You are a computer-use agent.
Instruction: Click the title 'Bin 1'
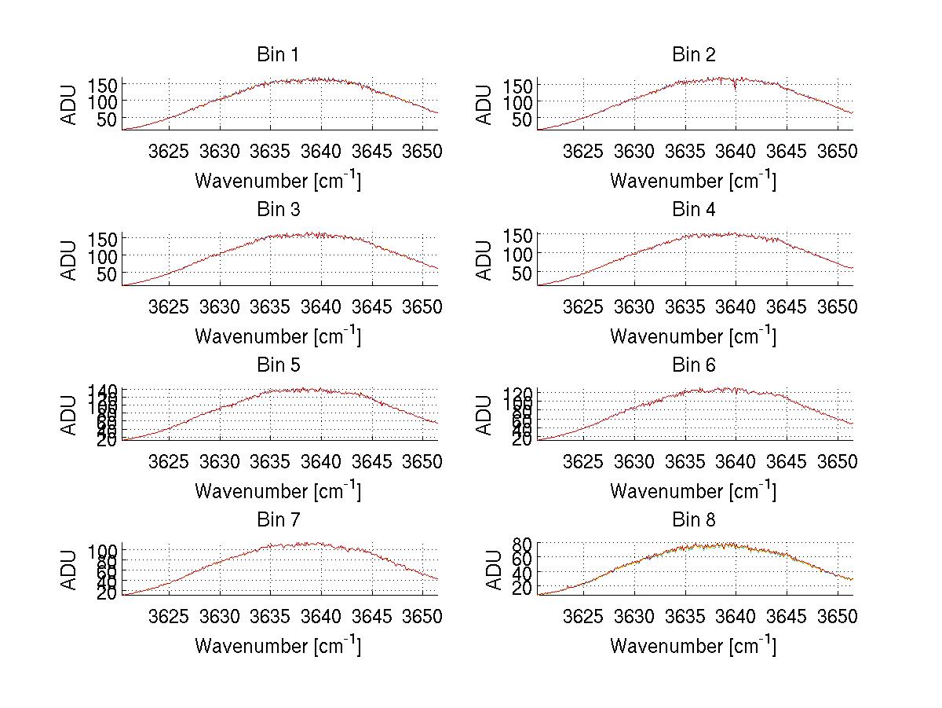[277, 55]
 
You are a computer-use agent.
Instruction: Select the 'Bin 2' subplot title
[693, 55]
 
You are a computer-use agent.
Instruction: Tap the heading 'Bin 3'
[277, 210]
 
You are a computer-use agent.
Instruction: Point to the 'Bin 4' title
[693, 210]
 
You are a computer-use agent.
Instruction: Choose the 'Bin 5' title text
[277, 365]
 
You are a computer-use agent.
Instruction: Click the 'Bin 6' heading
[693, 365]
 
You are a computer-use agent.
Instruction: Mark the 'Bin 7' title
[277, 520]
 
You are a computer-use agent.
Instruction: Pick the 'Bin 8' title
[693, 520]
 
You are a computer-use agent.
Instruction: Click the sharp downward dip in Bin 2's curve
[735, 86]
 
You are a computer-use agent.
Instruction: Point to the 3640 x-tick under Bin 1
[321, 151]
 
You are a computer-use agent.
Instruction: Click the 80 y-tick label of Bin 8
[524, 544]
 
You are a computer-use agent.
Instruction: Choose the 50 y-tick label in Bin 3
[107, 273]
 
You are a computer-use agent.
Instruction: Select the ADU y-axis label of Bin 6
[484, 415]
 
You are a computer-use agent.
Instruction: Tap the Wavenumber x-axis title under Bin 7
[277, 646]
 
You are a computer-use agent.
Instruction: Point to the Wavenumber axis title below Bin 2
[693, 181]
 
